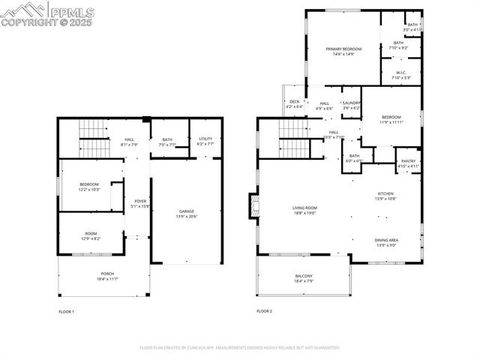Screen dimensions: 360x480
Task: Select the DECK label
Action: (x=294, y=101)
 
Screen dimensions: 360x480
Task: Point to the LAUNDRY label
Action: (x=350, y=102)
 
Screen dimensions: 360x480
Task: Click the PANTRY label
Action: (x=408, y=161)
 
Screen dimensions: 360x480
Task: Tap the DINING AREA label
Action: (x=387, y=240)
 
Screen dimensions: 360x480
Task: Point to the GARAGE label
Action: (x=186, y=212)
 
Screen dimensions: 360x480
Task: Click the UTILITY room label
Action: (x=205, y=140)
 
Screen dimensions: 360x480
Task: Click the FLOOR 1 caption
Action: (x=67, y=313)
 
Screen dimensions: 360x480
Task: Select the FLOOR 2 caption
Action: (x=264, y=313)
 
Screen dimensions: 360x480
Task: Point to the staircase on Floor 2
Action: (x=294, y=146)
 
